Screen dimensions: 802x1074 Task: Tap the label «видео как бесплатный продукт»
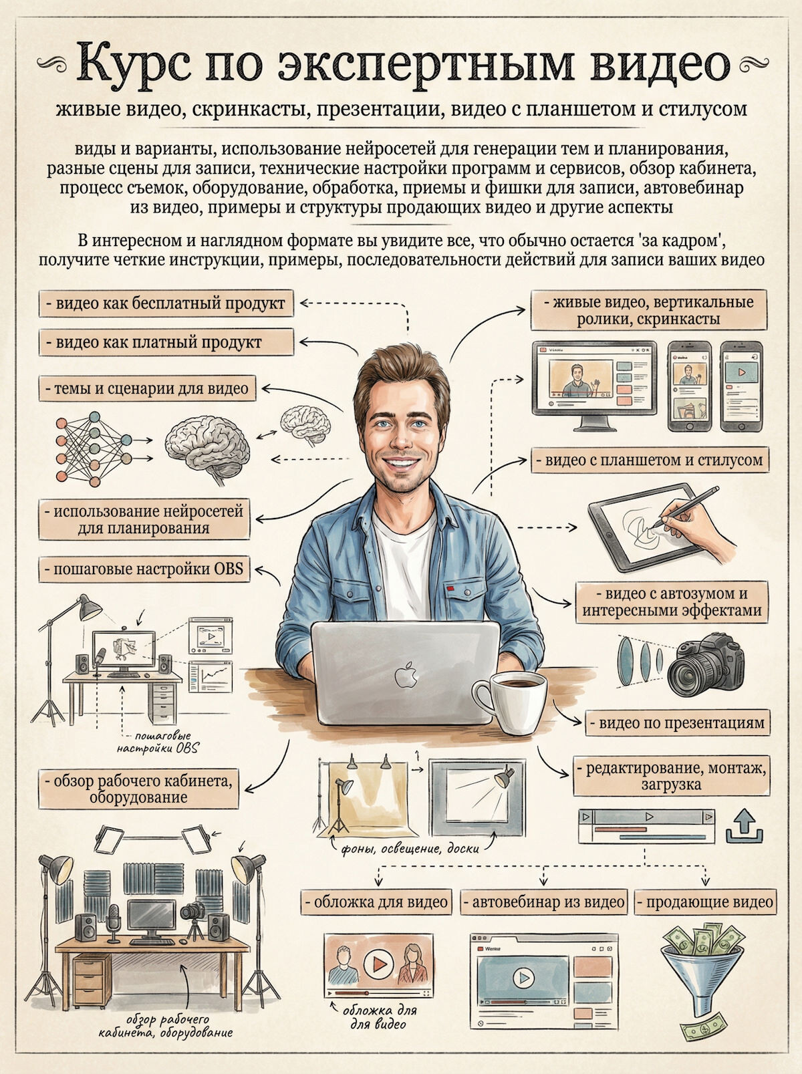point(166,303)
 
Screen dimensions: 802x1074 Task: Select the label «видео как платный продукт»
point(166,342)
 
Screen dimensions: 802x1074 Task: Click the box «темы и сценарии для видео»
point(147,388)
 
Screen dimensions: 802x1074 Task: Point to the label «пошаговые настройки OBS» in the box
point(144,569)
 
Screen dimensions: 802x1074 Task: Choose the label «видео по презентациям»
point(678,723)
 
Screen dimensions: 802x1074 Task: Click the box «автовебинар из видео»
point(543,902)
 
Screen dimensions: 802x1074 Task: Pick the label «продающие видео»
point(706,902)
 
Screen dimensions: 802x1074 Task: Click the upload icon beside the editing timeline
point(745,826)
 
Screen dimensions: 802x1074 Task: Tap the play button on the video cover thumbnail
point(378,964)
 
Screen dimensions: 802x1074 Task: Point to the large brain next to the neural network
point(208,450)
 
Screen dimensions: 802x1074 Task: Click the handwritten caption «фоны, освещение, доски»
point(410,849)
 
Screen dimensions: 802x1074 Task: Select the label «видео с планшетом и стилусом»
point(650,460)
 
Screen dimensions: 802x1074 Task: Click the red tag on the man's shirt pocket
point(450,588)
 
